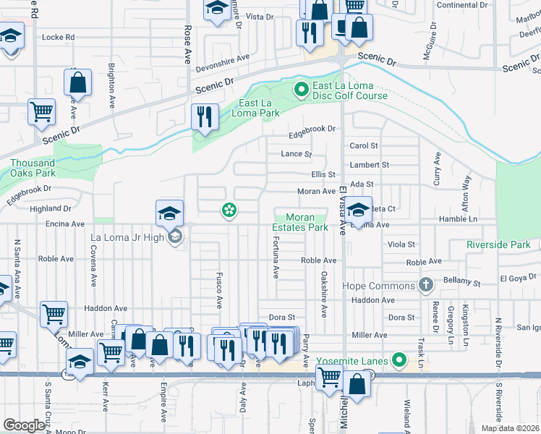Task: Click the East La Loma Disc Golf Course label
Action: [349, 90]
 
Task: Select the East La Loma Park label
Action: [255, 109]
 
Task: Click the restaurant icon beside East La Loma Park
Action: [205, 116]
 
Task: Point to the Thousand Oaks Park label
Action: [33, 168]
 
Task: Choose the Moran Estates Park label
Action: [299, 222]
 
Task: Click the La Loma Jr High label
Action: [127, 237]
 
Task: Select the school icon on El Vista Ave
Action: [358, 210]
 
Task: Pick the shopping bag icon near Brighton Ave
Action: [78, 82]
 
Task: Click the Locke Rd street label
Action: [59, 37]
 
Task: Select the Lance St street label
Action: [296, 154]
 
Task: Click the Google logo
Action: [24, 425]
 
